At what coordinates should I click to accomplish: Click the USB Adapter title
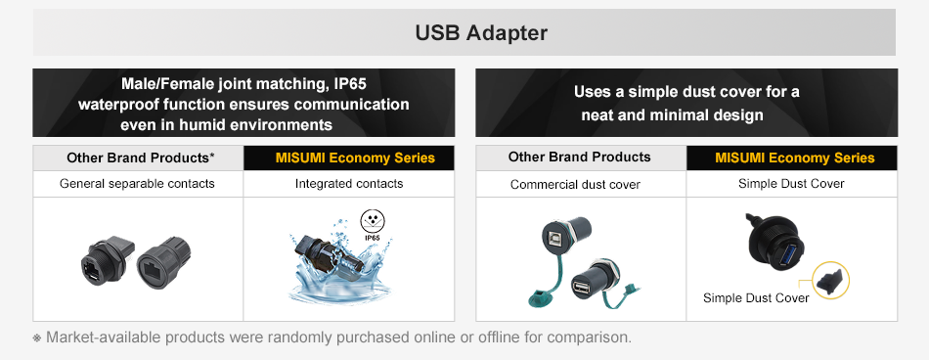tap(481, 32)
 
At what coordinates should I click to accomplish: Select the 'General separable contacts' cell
tap(137, 184)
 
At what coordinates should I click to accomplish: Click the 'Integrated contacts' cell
tap(349, 184)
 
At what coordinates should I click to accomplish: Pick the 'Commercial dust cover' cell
tap(575, 185)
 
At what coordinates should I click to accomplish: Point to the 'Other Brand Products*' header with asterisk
tap(140, 157)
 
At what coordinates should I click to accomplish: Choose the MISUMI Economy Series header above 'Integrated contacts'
tap(355, 158)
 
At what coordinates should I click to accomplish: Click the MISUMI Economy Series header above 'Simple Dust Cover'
tap(794, 157)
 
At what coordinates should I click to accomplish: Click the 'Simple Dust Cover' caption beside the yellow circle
tap(756, 297)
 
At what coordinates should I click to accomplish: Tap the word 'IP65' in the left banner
tap(350, 83)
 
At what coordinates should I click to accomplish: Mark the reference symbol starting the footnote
tap(37, 338)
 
